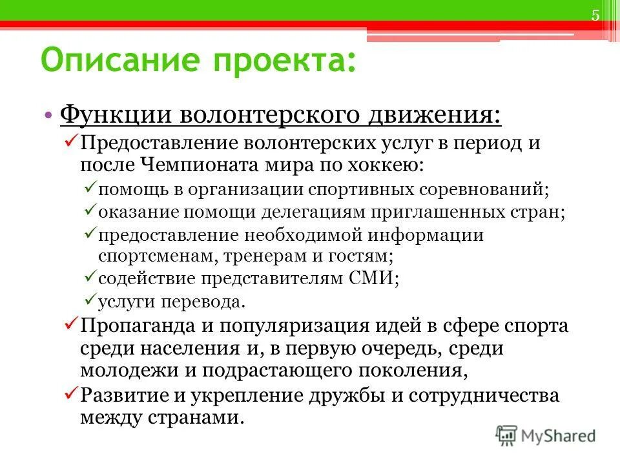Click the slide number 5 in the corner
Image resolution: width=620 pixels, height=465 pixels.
click(x=595, y=16)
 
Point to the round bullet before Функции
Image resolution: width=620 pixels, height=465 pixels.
click(x=50, y=116)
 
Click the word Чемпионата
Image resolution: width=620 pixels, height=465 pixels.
click(x=207, y=163)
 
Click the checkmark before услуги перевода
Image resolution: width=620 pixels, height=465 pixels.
click(x=90, y=300)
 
